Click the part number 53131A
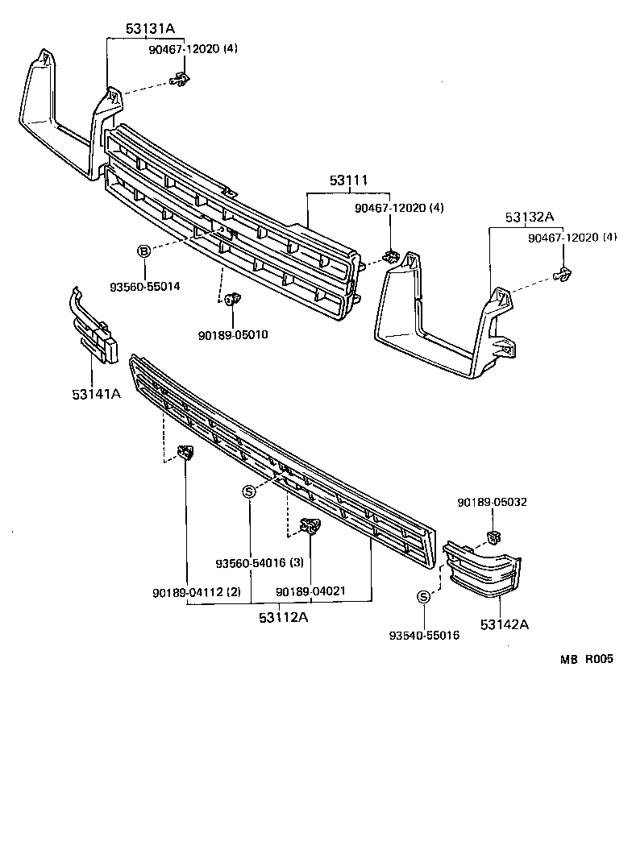(x=150, y=29)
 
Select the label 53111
(x=349, y=183)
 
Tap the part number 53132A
(x=530, y=217)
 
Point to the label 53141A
(x=96, y=393)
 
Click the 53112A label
(x=285, y=618)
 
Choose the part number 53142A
(x=505, y=624)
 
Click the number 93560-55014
(x=144, y=286)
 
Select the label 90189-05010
(x=235, y=334)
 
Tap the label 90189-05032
(x=492, y=502)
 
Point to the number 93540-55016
(x=424, y=636)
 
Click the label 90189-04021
(x=310, y=591)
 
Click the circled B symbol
(x=144, y=252)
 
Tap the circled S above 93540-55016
(x=423, y=597)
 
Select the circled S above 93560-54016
(x=249, y=492)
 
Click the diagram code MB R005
(x=587, y=658)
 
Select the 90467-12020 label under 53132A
(x=572, y=238)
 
